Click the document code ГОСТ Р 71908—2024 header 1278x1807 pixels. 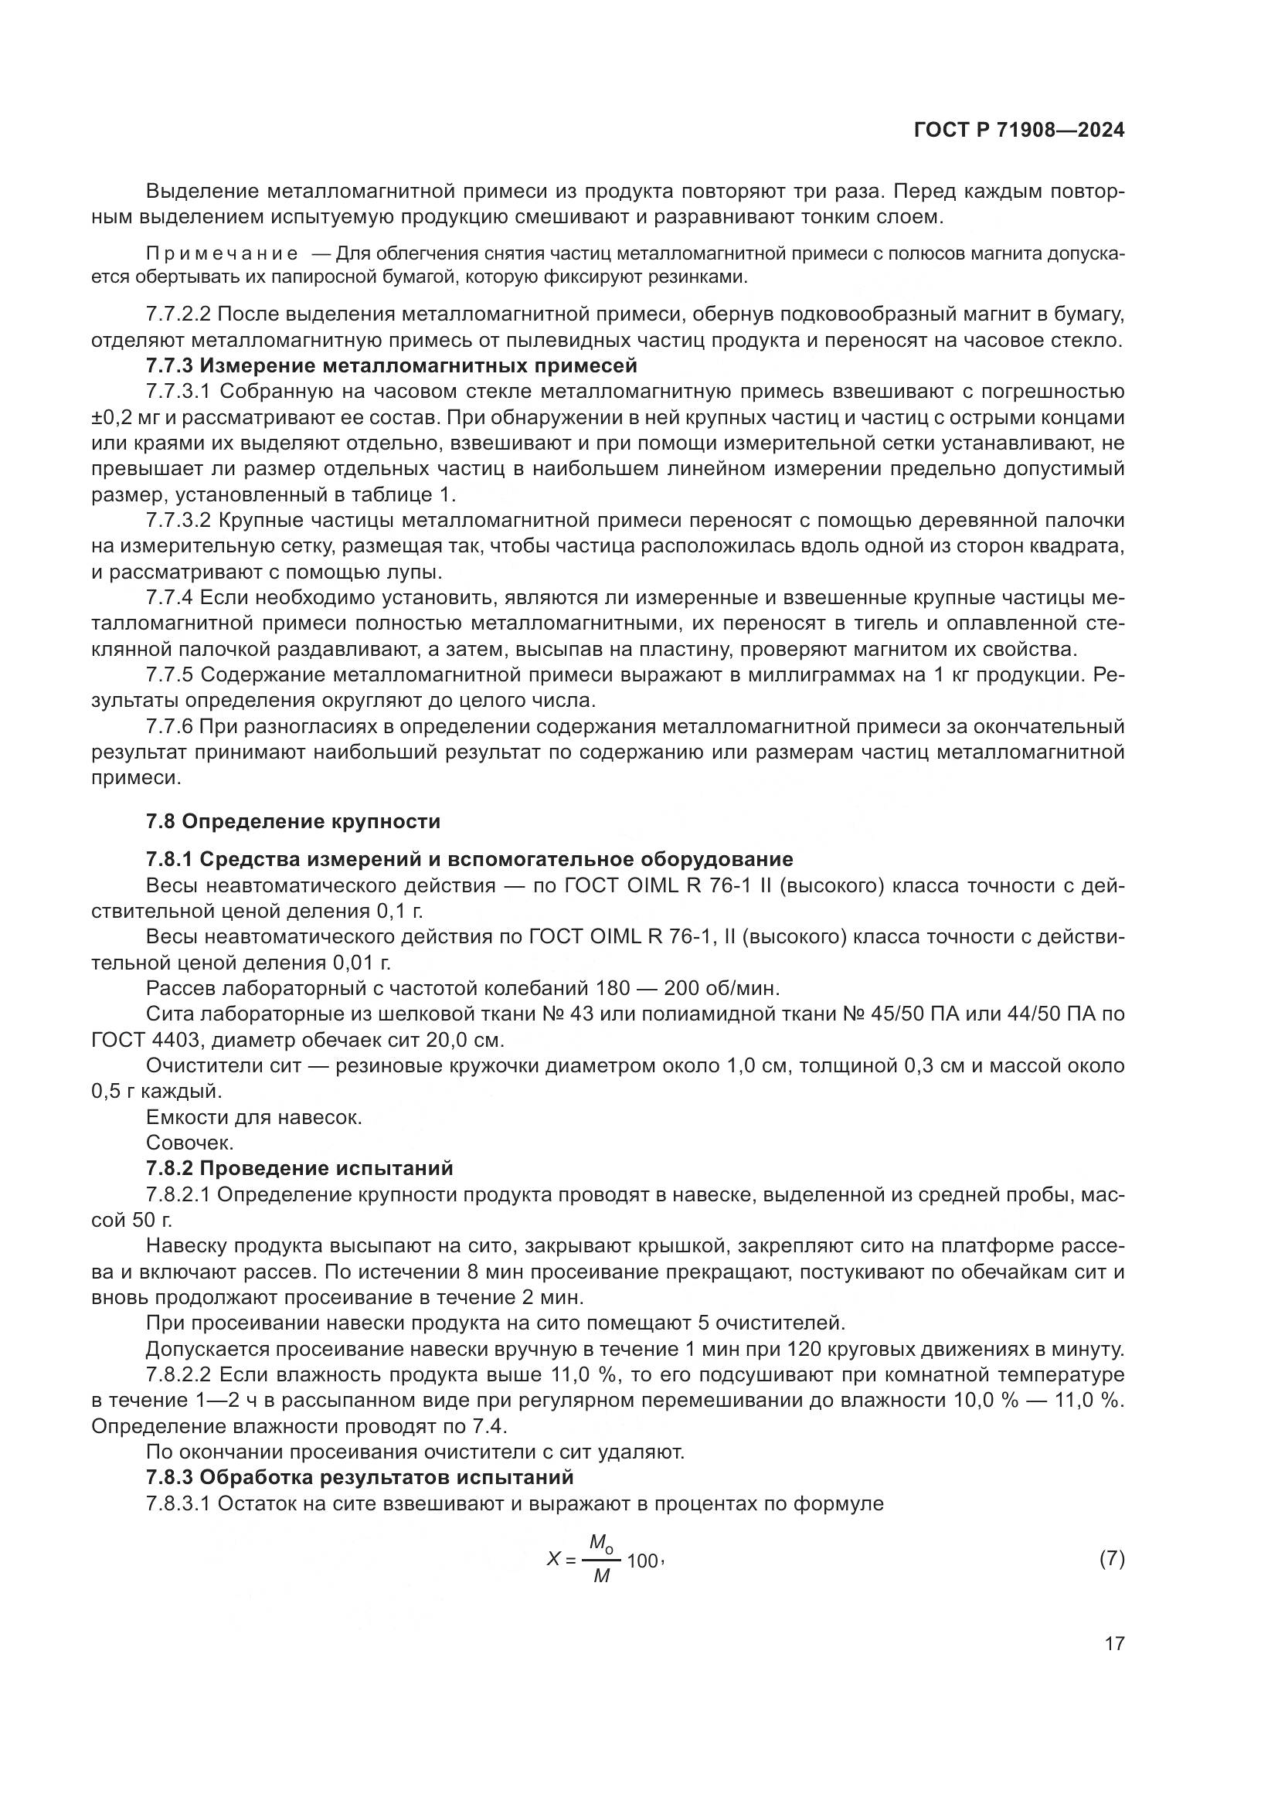(x=1018, y=131)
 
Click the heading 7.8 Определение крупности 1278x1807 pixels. (x=293, y=822)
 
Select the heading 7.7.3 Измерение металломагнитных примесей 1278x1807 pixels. (x=391, y=366)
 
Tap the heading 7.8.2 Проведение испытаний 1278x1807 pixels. (x=300, y=1169)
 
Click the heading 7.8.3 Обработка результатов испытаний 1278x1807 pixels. (x=359, y=1477)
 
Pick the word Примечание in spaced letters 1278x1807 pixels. (x=222, y=253)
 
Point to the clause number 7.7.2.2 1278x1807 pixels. (x=178, y=314)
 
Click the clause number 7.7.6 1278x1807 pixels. (x=169, y=726)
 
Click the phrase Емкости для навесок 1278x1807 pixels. (x=254, y=1118)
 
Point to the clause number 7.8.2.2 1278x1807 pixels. (x=178, y=1375)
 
